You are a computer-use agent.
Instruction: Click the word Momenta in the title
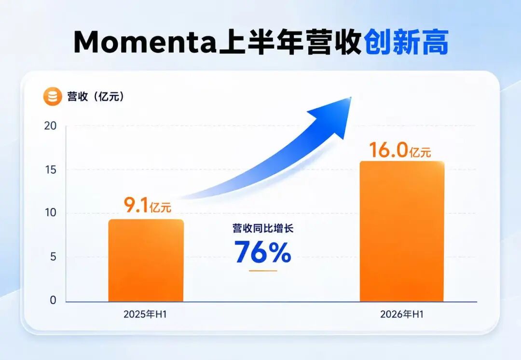tap(145, 42)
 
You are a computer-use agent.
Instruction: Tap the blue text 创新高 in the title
tap(407, 42)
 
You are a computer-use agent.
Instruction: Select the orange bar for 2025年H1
tap(146, 260)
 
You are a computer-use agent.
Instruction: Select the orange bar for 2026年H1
tap(402, 231)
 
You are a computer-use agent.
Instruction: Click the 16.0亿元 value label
tap(400, 150)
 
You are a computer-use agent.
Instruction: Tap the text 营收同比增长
tap(263, 228)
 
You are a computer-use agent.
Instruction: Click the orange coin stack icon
tap(53, 97)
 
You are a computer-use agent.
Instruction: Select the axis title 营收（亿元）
tap(96, 97)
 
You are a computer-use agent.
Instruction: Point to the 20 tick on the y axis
tap(51, 125)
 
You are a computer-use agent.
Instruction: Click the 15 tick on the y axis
tap(51, 170)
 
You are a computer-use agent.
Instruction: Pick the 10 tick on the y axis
tap(51, 213)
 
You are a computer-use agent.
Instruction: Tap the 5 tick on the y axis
tap(53, 257)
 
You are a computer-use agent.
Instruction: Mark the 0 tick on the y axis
tap(53, 300)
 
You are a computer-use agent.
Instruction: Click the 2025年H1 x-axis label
tap(145, 314)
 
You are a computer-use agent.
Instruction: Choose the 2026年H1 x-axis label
tap(402, 314)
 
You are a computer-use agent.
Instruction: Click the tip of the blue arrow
tap(351, 97)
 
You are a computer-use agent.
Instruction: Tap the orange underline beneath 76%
tap(263, 271)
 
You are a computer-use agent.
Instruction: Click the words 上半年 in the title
tap(260, 42)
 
